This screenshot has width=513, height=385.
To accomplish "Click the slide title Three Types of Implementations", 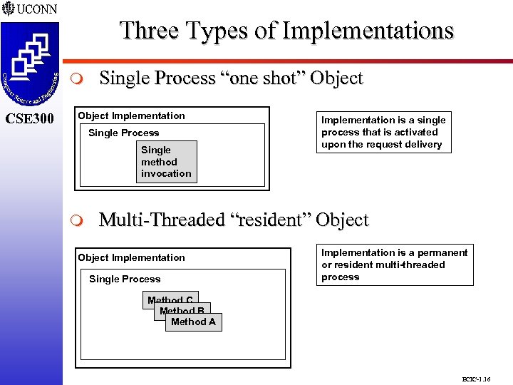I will pyautogui.click(x=286, y=31).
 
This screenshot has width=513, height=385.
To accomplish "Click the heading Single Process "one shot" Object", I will pyautogui.click(x=231, y=78).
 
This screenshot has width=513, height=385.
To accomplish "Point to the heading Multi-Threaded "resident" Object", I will pyautogui.click(x=234, y=220).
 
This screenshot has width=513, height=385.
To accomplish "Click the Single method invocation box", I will pyautogui.click(x=166, y=162).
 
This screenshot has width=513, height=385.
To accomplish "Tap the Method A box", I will pyautogui.click(x=193, y=322).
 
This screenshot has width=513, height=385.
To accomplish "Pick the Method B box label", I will pyautogui.click(x=182, y=311).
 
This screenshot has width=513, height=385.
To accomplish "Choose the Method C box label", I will pyautogui.click(x=170, y=300).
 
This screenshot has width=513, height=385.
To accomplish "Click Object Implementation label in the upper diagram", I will pyautogui.click(x=131, y=115).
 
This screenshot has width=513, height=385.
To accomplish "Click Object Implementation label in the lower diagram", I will pyautogui.click(x=131, y=257).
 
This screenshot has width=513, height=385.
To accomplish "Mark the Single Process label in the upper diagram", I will pyautogui.click(x=123, y=133).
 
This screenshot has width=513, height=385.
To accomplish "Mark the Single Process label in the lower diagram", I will pyautogui.click(x=125, y=279).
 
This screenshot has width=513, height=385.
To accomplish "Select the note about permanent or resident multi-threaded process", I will pyautogui.click(x=395, y=265).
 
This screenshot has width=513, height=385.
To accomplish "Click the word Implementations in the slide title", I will pyautogui.click(x=368, y=31).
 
